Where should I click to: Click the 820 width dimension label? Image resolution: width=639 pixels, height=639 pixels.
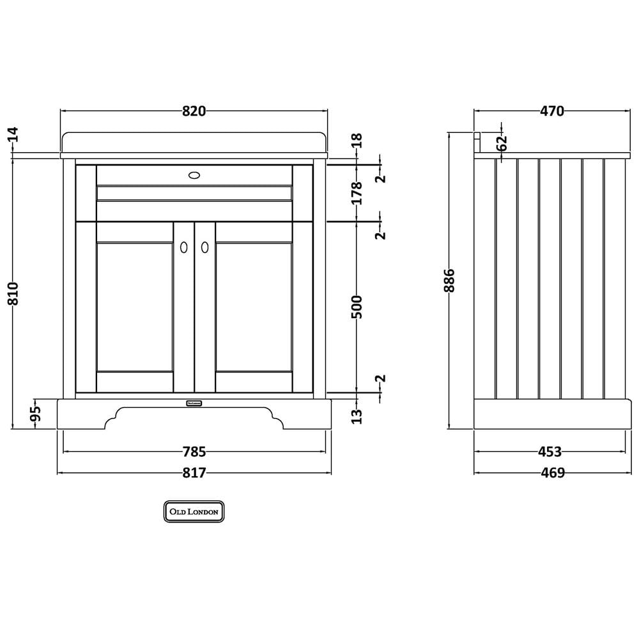(x=194, y=111)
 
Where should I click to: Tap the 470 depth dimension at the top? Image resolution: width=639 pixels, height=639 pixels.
(x=552, y=111)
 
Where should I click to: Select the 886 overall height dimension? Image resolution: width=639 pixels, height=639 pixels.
(x=449, y=281)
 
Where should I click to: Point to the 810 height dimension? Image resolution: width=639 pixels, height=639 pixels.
(x=13, y=293)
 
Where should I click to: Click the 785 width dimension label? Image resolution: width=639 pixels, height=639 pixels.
(x=194, y=452)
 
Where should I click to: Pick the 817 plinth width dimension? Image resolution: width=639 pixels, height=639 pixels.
(x=194, y=473)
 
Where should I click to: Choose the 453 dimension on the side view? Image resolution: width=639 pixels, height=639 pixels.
(x=550, y=452)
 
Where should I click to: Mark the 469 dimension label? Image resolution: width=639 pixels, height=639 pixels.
(x=553, y=473)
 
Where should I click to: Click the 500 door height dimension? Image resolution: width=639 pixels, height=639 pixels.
(x=357, y=307)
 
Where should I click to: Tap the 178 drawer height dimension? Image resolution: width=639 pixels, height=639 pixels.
(x=357, y=193)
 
